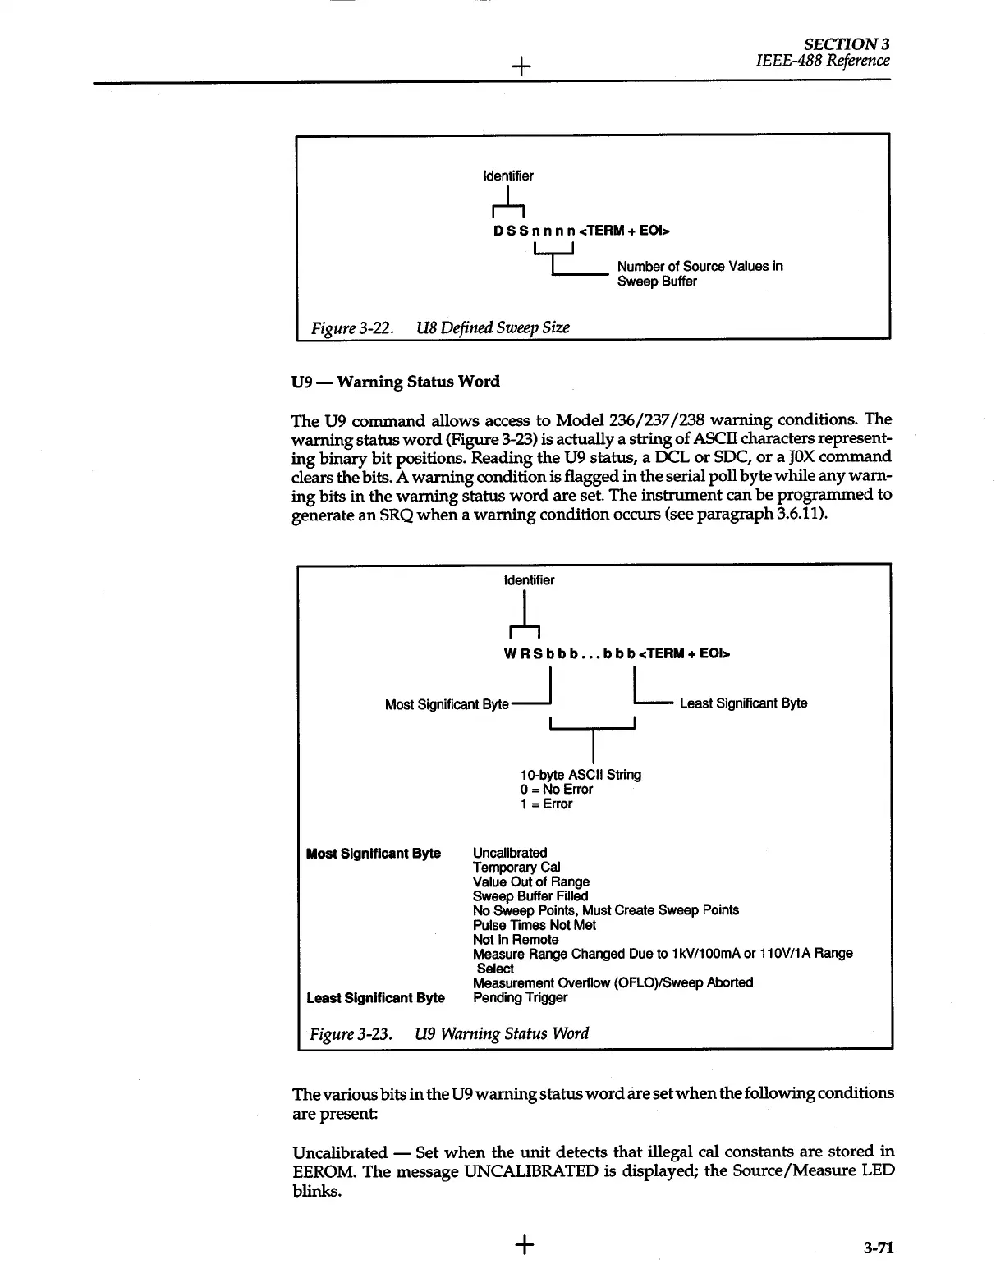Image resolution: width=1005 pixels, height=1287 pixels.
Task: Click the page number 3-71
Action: [x=878, y=1248]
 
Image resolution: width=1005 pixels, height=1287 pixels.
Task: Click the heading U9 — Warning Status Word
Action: [x=395, y=382]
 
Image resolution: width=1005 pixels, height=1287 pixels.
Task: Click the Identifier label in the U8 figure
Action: [x=507, y=176]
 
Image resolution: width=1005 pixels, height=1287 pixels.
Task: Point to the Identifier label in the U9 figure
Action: [x=529, y=580]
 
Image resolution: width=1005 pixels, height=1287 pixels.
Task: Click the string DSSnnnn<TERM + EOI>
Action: [x=581, y=231]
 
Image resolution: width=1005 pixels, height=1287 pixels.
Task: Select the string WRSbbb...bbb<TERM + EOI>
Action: [x=616, y=654]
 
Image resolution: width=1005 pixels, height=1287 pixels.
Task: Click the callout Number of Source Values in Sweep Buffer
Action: [x=700, y=274]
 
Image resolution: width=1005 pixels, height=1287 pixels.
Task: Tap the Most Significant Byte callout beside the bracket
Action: [x=447, y=704]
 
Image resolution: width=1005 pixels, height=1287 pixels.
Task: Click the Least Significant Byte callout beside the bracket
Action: [x=743, y=703]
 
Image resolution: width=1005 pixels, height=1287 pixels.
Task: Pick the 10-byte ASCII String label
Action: [x=581, y=775]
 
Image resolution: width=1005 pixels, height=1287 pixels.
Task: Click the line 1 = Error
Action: [x=546, y=804]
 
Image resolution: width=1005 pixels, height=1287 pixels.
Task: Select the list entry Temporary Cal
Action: [x=516, y=867]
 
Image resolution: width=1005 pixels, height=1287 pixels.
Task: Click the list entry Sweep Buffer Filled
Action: [x=530, y=896]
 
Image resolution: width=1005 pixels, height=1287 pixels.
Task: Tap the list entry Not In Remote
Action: [x=516, y=940]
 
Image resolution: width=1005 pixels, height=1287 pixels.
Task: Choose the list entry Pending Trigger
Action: [x=521, y=998]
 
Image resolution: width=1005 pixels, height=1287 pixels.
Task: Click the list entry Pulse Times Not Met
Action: [x=535, y=925]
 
